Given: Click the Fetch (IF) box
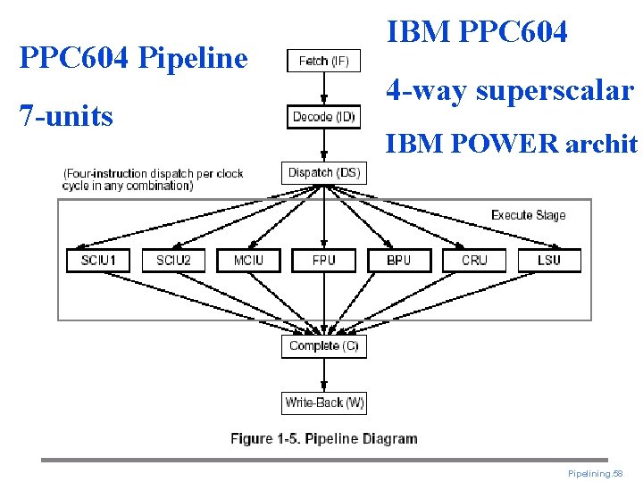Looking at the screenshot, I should point(323,61).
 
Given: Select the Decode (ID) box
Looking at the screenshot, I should point(324,117).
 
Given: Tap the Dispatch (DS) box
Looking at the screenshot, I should point(324,172).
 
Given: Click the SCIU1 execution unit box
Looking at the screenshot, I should point(98,260).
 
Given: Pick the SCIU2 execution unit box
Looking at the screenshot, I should point(173,260).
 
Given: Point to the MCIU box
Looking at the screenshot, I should point(248,260).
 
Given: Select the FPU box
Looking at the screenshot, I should point(324,260).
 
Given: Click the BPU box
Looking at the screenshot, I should point(399,260).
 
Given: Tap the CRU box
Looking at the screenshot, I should point(474,260).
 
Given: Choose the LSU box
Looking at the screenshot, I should point(549,260).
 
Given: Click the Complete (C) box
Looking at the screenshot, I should point(324,345).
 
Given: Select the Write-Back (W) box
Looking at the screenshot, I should point(324,403).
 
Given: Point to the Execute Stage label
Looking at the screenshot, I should point(528,215).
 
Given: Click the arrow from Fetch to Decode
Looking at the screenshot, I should point(324,88).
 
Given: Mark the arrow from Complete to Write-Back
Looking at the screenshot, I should point(324,375).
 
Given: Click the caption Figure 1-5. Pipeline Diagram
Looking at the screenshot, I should point(323,438).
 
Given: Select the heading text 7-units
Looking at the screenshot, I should point(66,115).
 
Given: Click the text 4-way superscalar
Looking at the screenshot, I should point(510,90).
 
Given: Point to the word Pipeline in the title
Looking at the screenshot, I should point(195,58).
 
